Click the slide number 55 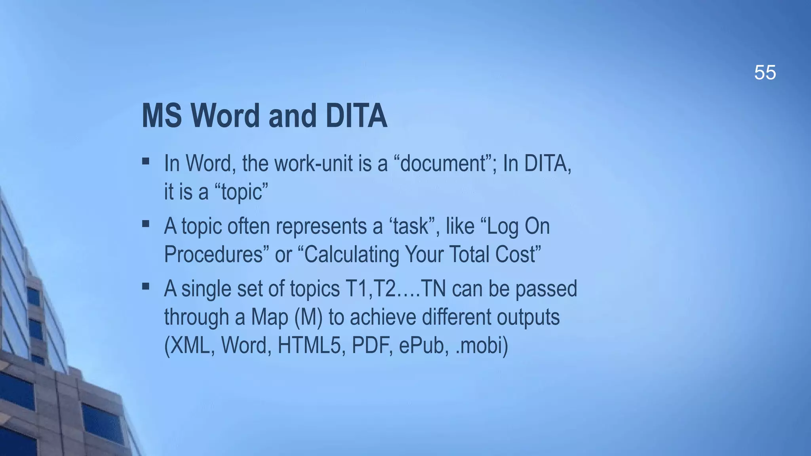(x=765, y=73)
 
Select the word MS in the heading (x=162, y=116)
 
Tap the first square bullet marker (x=146, y=161)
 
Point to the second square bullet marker (x=146, y=224)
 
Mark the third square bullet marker (x=146, y=286)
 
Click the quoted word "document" (x=443, y=163)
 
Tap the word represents (x=321, y=226)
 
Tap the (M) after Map (x=308, y=317)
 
